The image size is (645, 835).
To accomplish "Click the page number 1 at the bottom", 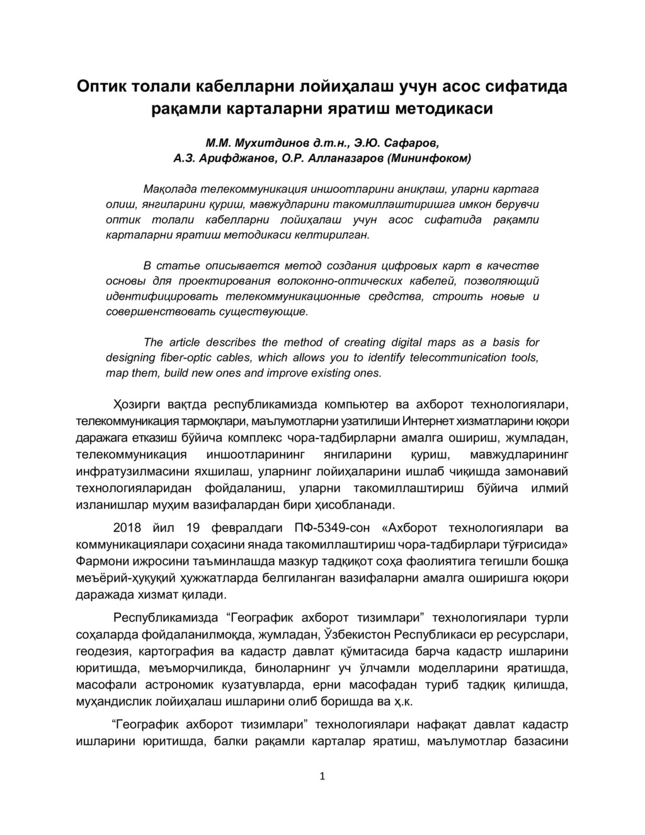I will click(322, 776).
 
